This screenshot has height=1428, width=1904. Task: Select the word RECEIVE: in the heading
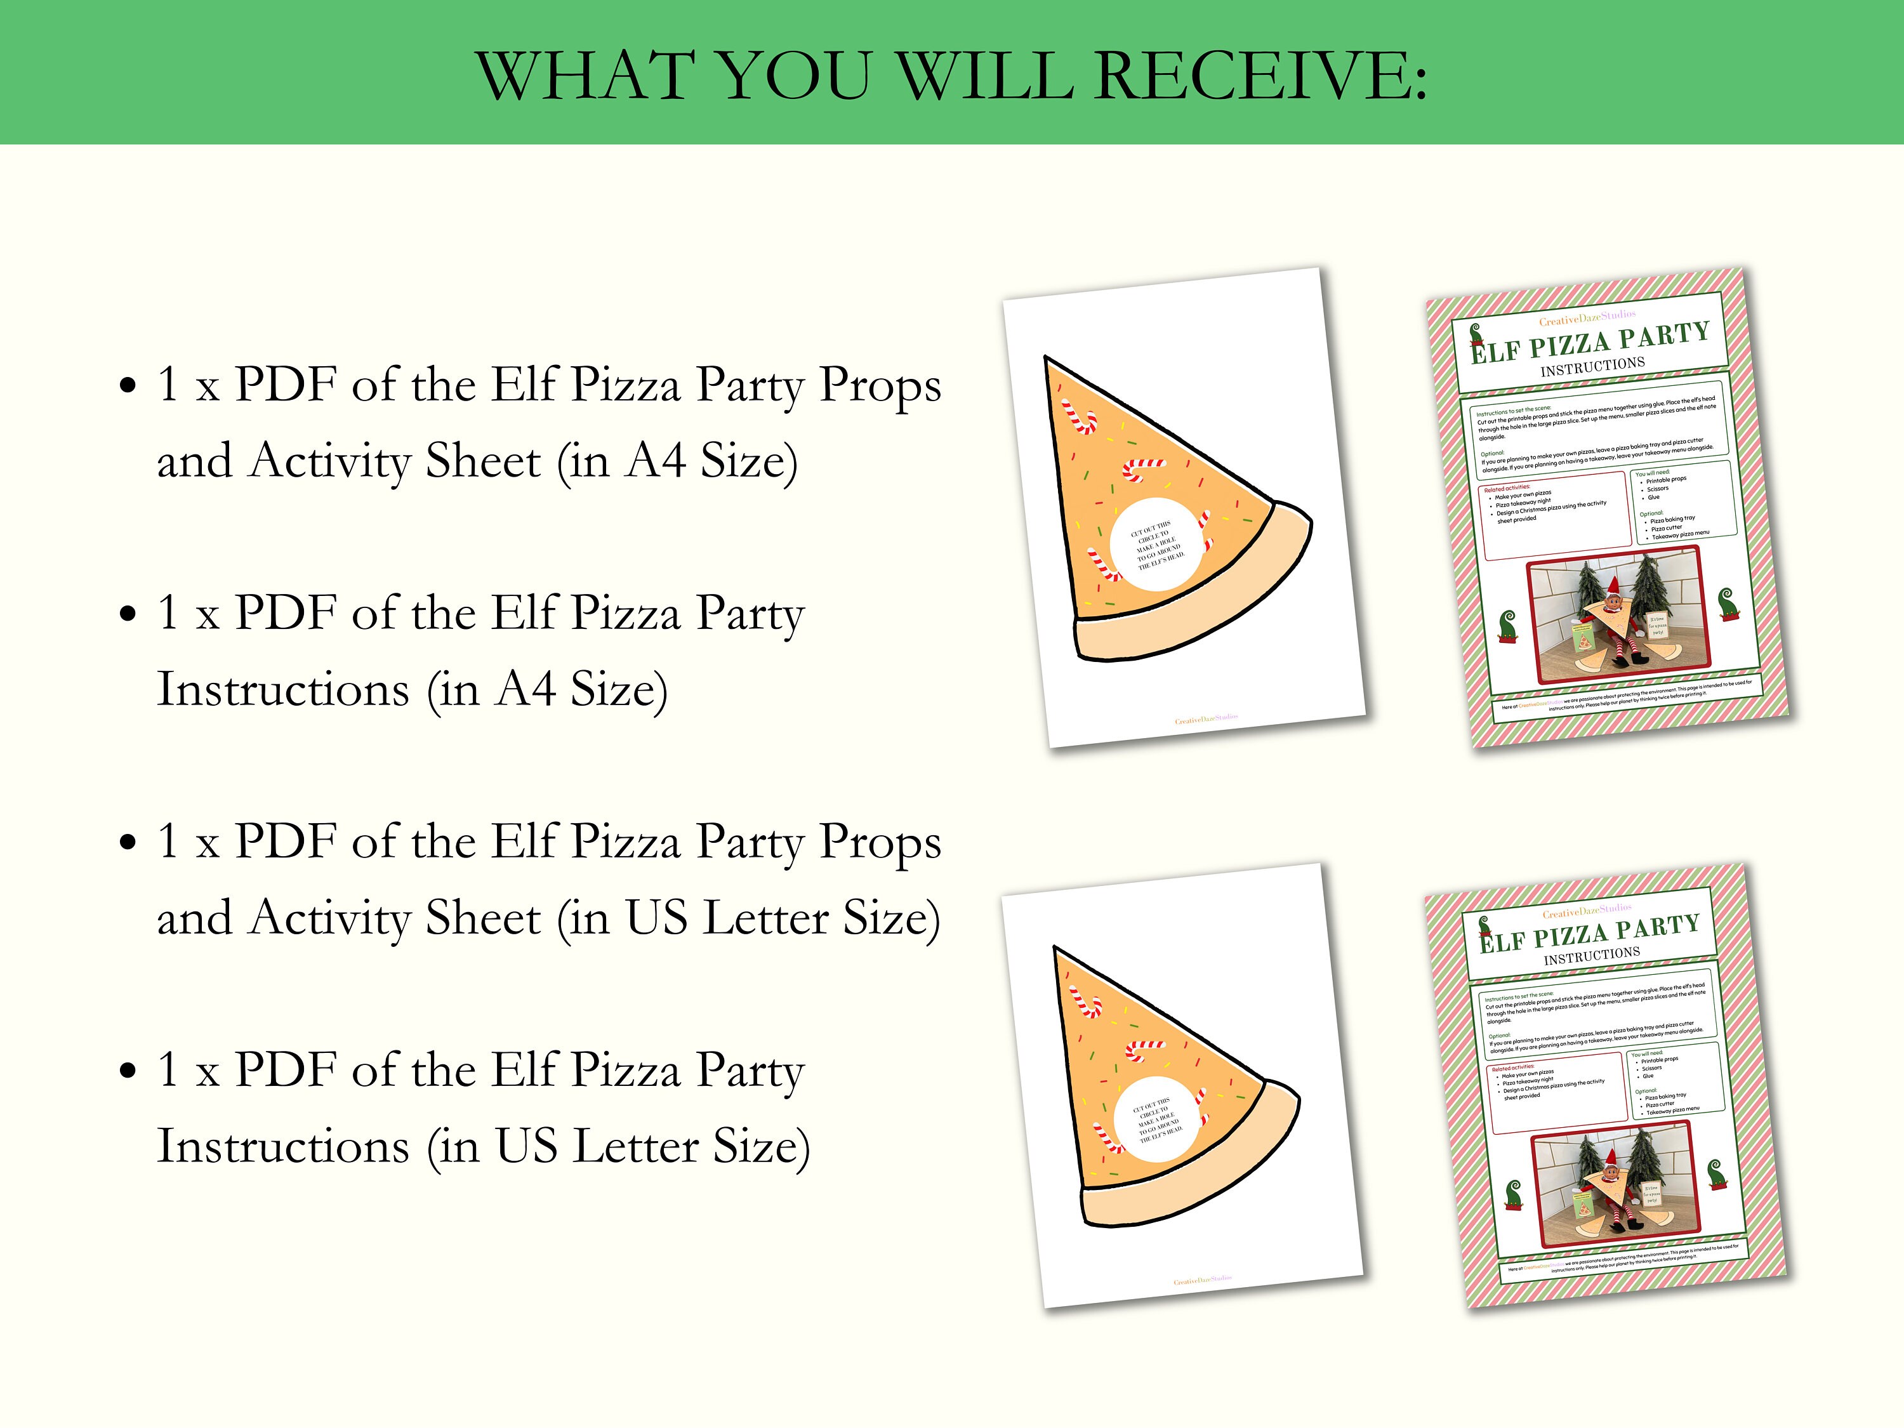[1261, 77]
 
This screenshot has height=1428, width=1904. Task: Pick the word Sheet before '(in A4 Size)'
[483, 461]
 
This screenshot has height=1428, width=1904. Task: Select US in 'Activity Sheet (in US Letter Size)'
[656, 918]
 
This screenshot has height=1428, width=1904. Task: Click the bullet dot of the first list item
[128, 386]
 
